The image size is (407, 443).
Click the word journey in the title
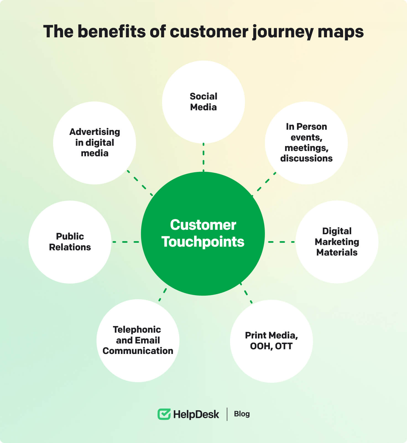coord(283,32)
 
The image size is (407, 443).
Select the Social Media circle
coord(203,102)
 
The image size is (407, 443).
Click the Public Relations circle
coord(70,242)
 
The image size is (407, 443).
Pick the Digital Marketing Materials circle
coord(337,242)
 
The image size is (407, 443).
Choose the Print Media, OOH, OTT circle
coord(271,341)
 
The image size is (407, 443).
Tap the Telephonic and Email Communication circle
coord(138,340)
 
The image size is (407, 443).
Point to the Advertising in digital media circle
coord(95,143)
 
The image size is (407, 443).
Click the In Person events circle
coord(306,143)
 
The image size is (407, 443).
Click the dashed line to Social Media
coord(203,157)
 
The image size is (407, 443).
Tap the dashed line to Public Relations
coord(126,242)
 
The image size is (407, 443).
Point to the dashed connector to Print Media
coord(246,293)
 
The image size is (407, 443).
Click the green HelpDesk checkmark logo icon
coord(164,414)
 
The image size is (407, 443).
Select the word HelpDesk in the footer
coord(196,414)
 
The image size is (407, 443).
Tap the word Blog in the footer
coord(242,414)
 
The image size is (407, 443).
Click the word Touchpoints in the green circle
coord(203,242)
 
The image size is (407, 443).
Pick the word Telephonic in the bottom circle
coord(137,329)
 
